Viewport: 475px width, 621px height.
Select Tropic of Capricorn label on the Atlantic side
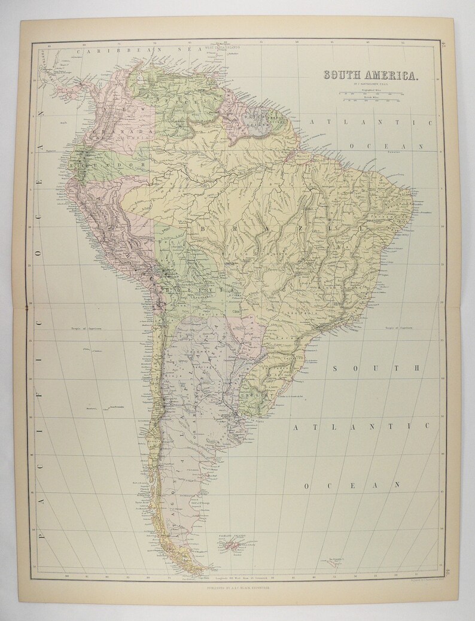point(398,327)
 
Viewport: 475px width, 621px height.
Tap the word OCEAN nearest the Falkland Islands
point(351,486)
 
